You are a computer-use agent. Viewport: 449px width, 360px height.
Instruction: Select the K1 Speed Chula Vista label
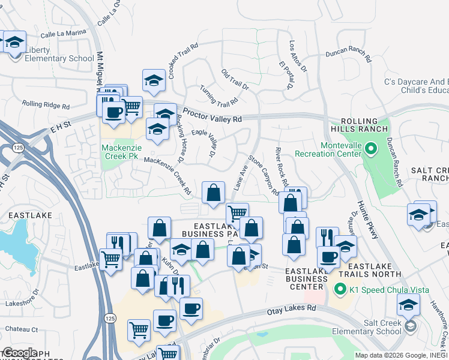[389, 290]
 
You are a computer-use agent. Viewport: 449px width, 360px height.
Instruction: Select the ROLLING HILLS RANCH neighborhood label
[358, 125]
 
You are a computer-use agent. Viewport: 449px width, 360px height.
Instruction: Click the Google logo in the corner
[19, 352]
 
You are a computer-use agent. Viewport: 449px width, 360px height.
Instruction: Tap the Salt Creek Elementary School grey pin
[410, 326]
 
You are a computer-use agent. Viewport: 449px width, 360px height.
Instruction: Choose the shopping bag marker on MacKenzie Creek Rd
[213, 193]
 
